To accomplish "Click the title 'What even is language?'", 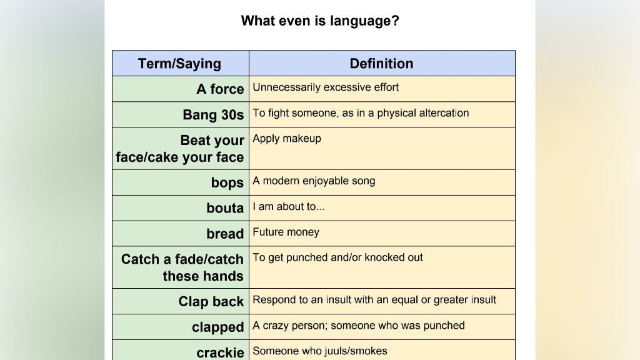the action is [x=320, y=21].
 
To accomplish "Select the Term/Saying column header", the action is [x=179, y=64].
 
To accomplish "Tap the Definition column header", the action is [x=382, y=64].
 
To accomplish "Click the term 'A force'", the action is [x=221, y=89].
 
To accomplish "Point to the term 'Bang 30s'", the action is [x=214, y=115].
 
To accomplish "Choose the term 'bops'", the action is [x=227, y=182].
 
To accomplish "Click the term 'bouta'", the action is [x=225, y=208].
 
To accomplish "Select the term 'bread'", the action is [x=225, y=234].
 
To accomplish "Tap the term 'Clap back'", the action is [x=211, y=301].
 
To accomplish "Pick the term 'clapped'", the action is [x=218, y=327].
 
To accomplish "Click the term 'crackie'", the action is [x=221, y=352].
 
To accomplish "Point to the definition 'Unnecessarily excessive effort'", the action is [x=326, y=87].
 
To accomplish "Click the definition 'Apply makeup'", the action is [x=287, y=139].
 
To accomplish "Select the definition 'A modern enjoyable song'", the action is [x=314, y=181].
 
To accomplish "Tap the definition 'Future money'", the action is [x=286, y=232].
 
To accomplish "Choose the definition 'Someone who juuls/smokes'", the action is [x=320, y=351].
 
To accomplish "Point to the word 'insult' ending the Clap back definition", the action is [x=484, y=300].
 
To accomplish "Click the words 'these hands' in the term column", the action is [x=203, y=276].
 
